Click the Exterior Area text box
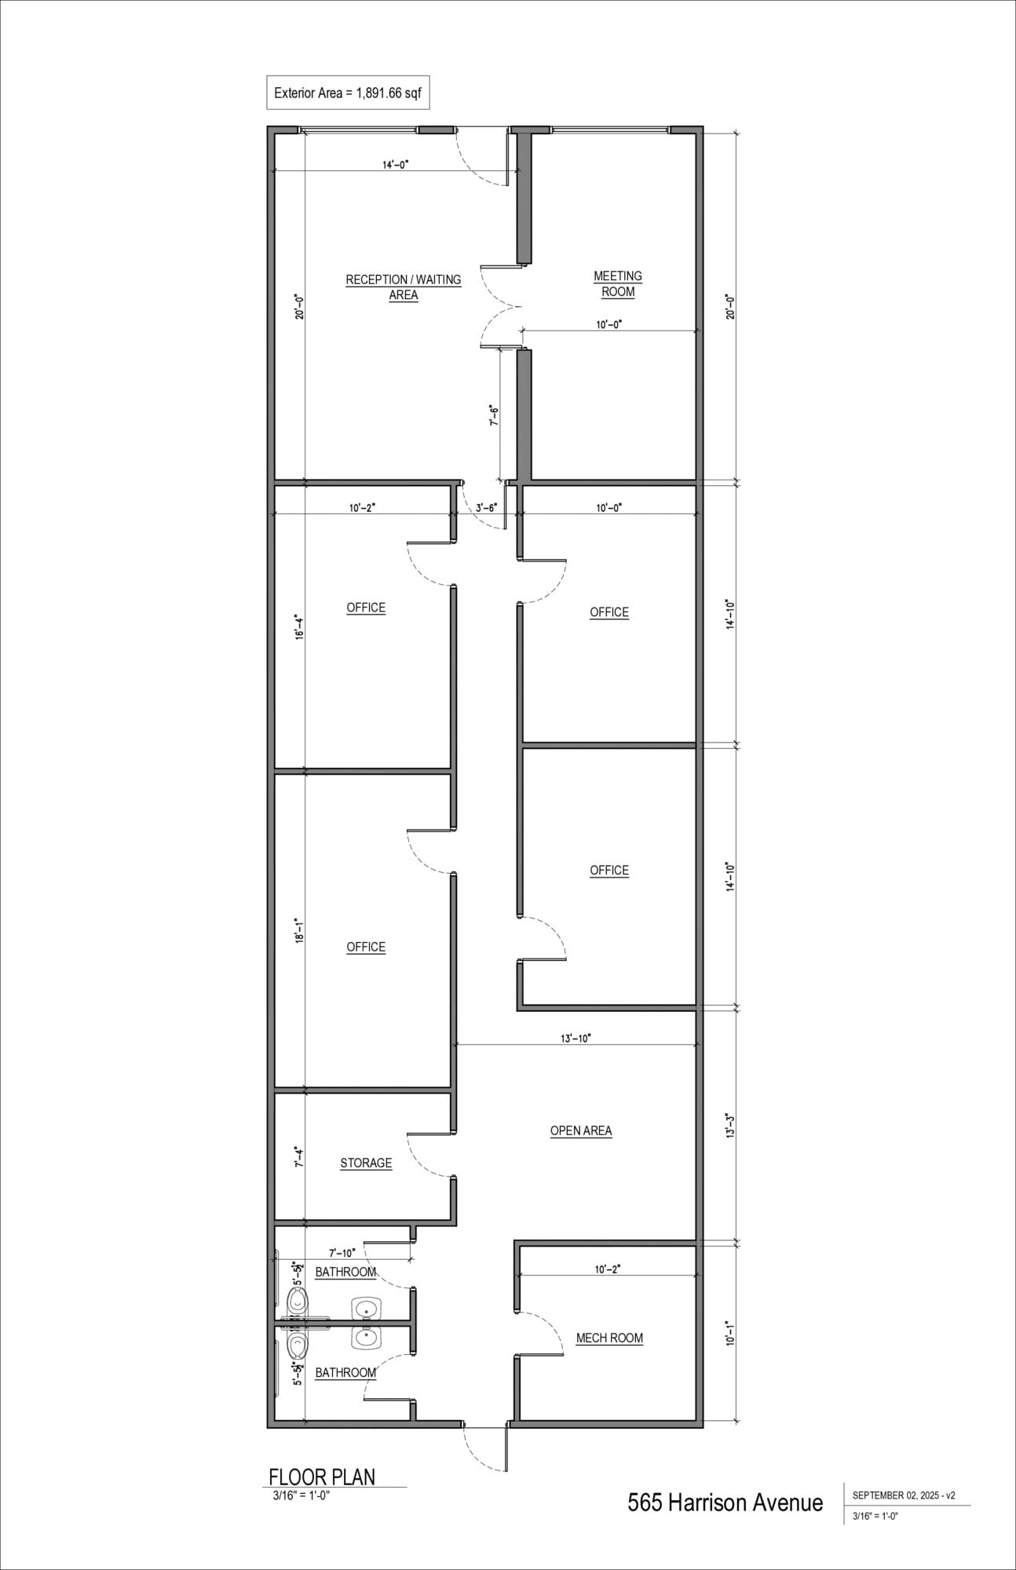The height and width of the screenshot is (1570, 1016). (x=348, y=93)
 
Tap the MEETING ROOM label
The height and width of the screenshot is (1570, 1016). (x=618, y=283)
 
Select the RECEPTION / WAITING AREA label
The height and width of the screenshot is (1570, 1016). (x=404, y=287)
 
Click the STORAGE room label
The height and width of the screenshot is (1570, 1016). (x=366, y=1163)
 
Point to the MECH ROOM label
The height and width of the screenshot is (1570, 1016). (x=609, y=1338)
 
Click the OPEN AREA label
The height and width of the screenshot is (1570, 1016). (x=581, y=1130)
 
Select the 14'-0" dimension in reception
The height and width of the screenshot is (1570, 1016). (x=396, y=165)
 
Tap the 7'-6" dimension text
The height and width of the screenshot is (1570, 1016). (x=494, y=415)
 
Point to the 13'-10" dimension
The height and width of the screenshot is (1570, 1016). (x=576, y=1038)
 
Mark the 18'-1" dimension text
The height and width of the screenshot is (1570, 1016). (x=298, y=930)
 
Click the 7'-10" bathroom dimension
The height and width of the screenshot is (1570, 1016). (x=342, y=1253)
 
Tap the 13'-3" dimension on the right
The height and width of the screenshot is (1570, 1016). (x=729, y=1125)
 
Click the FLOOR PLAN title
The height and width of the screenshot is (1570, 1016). (x=322, y=1477)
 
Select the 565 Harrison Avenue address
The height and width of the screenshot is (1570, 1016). (x=725, y=1502)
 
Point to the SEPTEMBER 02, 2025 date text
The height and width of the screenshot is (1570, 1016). (x=903, y=1495)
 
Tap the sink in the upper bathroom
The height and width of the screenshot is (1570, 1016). (x=367, y=1309)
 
